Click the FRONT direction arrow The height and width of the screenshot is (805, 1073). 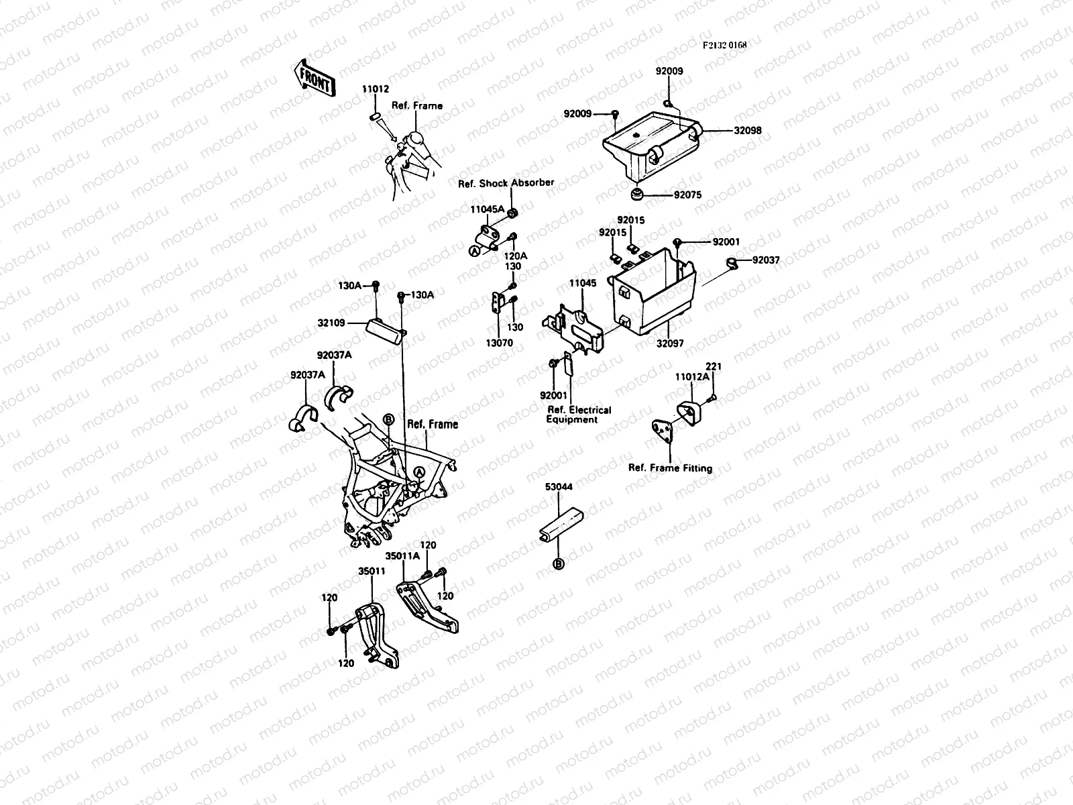click(x=313, y=78)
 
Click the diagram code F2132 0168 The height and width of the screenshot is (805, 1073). click(x=724, y=45)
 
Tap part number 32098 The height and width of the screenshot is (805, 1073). click(x=748, y=131)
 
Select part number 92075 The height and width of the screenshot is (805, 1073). click(x=687, y=195)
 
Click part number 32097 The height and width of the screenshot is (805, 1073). click(x=670, y=343)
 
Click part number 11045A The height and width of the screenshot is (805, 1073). click(x=487, y=209)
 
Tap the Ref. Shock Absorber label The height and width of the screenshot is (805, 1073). click(x=506, y=183)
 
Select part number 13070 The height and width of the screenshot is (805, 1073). click(x=500, y=343)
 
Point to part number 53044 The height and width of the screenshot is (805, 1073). click(x=558, y=486)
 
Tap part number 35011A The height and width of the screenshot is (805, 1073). click(x=402, y=556)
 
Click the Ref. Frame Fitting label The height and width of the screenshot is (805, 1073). click(x=670, y=468)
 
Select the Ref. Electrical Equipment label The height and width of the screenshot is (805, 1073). click(x=579, y=415)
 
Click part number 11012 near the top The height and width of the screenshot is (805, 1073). click(x=376, y=89)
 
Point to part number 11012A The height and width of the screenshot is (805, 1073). click(x=692, y=377)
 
